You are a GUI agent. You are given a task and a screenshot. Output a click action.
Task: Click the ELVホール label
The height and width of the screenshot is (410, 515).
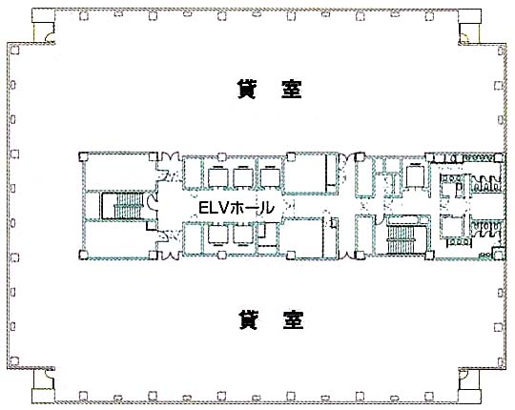click(237, 208)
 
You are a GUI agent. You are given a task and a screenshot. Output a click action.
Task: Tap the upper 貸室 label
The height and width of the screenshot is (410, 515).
click(269, 89)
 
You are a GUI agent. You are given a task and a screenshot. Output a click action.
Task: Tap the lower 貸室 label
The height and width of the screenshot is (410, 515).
click(271, 320)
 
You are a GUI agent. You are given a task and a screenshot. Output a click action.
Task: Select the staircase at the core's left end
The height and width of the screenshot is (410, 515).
click(122, 206)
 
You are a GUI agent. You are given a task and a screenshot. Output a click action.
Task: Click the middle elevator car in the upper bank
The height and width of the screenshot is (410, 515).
click(243, 177)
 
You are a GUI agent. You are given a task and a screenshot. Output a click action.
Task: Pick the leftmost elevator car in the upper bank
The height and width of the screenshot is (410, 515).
click(218, 177)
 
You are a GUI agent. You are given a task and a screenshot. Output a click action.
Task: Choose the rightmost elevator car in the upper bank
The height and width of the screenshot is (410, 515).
click(270, 177)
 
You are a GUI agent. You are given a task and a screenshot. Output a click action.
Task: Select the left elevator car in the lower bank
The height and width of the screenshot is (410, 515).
click(218, 235)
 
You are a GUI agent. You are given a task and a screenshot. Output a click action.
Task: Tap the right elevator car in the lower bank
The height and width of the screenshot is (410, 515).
click(243, 235)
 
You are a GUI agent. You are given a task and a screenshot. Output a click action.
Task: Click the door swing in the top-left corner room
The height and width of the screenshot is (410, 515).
click(51, 38)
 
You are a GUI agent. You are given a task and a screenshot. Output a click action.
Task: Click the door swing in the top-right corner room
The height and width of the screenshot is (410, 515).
click(463, 38)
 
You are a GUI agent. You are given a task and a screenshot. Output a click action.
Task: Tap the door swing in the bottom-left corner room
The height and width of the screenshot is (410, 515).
click(50, 374)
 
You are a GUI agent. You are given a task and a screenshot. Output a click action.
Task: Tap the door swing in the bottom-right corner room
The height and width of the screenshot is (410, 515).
click(463, 374)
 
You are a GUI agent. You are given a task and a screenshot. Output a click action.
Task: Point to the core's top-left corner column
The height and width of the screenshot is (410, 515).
click(83, 156)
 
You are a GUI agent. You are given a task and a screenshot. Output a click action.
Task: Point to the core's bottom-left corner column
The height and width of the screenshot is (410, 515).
click(83, 256)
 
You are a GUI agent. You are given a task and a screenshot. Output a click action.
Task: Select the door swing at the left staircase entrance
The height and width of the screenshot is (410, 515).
click(153, 201)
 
